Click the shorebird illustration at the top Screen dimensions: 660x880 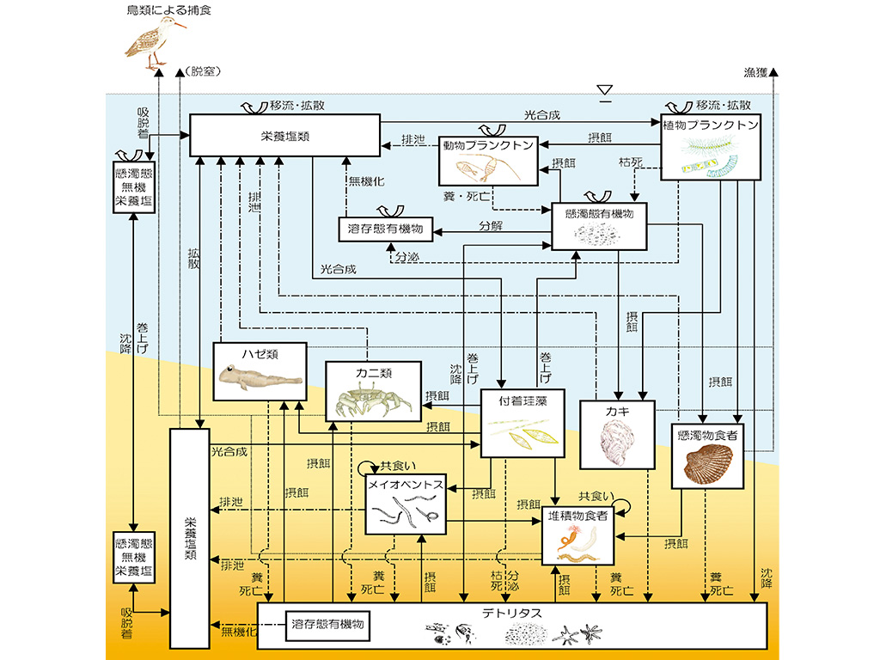155,43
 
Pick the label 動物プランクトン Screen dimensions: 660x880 488,145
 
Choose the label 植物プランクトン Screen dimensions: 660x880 711,125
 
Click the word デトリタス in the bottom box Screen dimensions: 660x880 511,612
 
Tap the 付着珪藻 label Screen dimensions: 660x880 522,400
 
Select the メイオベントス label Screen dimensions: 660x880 405,485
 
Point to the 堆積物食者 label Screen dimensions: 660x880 578,516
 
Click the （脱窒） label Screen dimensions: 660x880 203,72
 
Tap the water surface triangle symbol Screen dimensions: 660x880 606,89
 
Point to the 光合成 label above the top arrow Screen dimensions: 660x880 541,114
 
